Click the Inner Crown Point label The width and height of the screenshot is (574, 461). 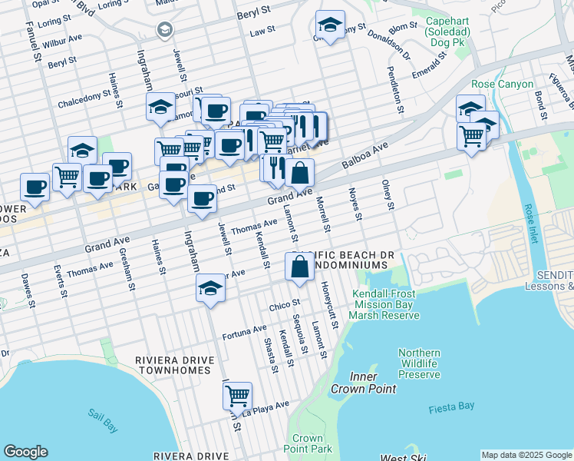(363, 383)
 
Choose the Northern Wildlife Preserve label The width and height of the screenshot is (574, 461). (419, 363)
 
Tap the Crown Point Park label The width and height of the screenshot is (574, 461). (307, 443)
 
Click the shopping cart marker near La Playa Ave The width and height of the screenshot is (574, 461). (238, 396)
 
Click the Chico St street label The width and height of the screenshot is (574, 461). (283, 307)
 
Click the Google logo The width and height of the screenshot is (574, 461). (25, 452)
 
